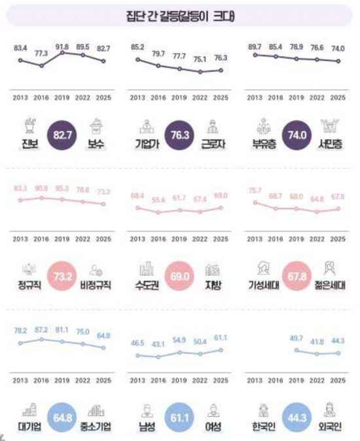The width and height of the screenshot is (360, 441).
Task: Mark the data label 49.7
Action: pyautogui.click(x=300, y=340)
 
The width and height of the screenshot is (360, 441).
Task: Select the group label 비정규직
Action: pyautogui.click(x=97, y=286)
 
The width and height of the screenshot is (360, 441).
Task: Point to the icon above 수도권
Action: pyautogui.click(x=145, y=268)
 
